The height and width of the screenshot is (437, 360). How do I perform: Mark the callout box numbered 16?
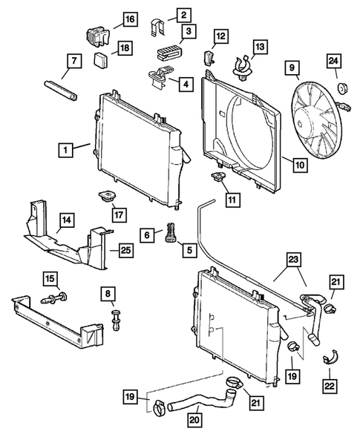tap(128, 19)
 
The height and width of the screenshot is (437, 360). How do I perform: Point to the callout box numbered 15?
tap(50, 278)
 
